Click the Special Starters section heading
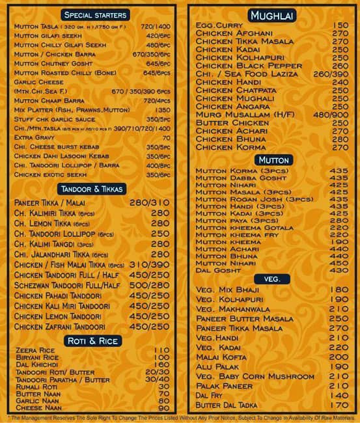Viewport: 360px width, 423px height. click(96, 14)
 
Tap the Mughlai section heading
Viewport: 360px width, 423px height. click(273, 15)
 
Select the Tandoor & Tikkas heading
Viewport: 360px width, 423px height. click(92, 189)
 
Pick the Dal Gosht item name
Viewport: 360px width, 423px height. click(219, 270)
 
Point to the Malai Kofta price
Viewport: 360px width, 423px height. click(339, 357)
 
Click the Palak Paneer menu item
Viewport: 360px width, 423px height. click(224, 386)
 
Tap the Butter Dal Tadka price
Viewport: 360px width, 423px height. click(339, 405)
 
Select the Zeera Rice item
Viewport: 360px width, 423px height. click(36, 350)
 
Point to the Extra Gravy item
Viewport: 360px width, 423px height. click(33, 138)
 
